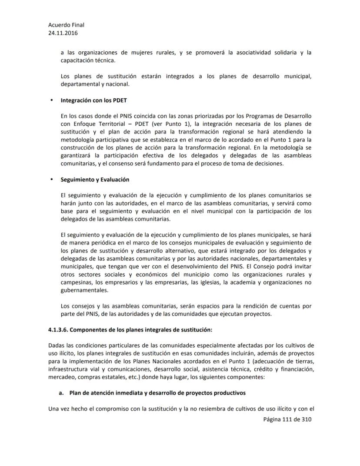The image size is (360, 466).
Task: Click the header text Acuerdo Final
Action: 66,25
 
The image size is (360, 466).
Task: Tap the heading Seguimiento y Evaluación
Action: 95,179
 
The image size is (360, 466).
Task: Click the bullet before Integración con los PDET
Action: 51,101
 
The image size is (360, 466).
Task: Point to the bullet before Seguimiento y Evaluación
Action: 51,179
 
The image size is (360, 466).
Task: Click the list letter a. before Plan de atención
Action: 62,392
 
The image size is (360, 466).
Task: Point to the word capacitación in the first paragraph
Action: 77,60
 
